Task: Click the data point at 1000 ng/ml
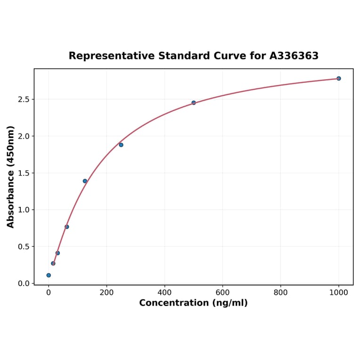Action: coord(338,78)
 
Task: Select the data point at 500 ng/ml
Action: coord(194,103)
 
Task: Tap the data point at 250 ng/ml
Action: coord(121,145)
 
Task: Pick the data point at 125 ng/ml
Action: coord(85,181)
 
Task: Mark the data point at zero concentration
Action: coord(49,275)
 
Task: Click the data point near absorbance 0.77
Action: coord(67,227)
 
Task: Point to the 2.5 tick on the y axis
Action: coord(24,99)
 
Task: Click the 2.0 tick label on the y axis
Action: coord(24,136)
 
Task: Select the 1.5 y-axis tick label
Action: coord(24,173)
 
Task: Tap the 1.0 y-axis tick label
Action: coord(24,210)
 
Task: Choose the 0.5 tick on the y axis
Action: coord(24,246)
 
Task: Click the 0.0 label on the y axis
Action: coord(24,283)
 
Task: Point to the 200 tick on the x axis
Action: coord(106,293)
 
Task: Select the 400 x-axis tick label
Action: coord(164,293)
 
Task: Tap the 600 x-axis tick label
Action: coord(222,293)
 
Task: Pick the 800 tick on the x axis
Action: coord(280,293)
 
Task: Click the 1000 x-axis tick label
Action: coord(338,293)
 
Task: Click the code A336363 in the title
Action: coord(294,56)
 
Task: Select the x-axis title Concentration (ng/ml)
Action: coord(193,303)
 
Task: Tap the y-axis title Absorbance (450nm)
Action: coord(11,177)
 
